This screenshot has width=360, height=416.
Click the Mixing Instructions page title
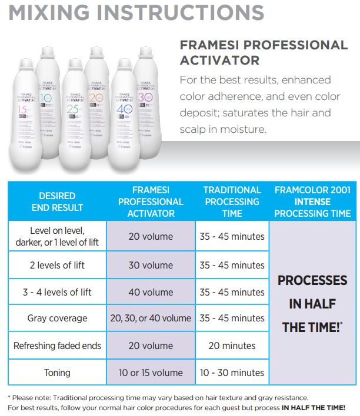pyautogui.click(x=136, y=14)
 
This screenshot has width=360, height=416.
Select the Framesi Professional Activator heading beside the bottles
pyautogui.click(x=263, y=52)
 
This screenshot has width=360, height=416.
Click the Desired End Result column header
pyautogui.click(x=57, y=201)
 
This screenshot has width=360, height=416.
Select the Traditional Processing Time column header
pyautogui.click(x=232, y=201)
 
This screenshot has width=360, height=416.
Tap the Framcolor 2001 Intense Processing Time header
pyautogui.click(x=312, y=201)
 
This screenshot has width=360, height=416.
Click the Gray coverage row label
pyautogui.click(x=57, y=318)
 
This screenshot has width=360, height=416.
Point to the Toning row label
pyautogui.click(x=57, y=373)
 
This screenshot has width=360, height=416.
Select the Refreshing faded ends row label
pyautogui.click(x=57, y=345)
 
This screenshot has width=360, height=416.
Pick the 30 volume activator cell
pyautogui.click(x=151, y=265)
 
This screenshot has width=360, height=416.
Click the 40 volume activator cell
pyautogui.click(x=151, y=292)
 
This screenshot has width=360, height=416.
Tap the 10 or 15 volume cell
pyautogui.click(x=151, y=373)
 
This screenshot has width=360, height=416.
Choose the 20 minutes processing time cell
pyautogui.click(x=232, y=345)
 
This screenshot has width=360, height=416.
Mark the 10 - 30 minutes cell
pyautogui.click(x=232, y=373)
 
